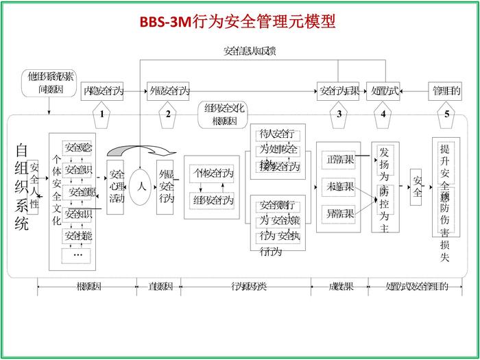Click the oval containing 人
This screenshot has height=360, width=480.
click(141, 186)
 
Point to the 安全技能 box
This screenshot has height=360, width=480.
click(78, 236)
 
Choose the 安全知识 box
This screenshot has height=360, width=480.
click(78, 215)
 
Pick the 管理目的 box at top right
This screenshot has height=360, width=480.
click(446, 91)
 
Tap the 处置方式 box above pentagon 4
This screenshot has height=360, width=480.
click(383, 91)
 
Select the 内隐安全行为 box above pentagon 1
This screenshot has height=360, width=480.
click(103, 91)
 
